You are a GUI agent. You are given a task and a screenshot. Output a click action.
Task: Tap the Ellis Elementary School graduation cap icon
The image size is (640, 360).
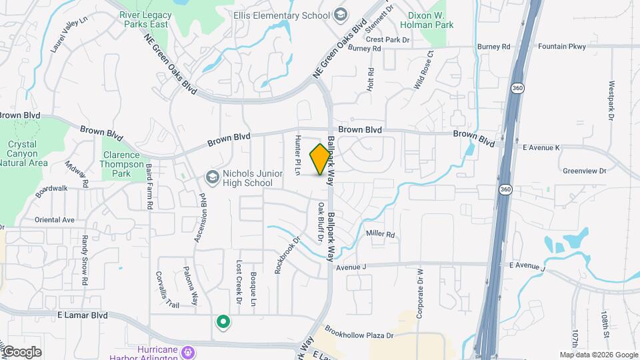(x=341, y=14)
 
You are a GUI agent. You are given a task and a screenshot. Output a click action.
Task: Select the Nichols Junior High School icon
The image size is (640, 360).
(x=213, y=177)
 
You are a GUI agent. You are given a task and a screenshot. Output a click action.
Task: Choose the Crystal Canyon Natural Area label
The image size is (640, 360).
(x=27, y=153)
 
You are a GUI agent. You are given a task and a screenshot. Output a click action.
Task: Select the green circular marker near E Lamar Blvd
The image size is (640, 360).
(x=223, y=323)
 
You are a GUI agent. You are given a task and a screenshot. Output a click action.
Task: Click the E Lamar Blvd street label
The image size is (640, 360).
(x=81, y=315)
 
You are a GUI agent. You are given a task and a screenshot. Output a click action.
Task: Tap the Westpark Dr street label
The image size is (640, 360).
(x=611, y=101)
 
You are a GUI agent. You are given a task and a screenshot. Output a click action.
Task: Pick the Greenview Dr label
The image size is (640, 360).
(x=584, y=171)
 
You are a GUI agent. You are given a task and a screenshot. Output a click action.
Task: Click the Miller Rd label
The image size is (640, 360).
(x=381, y=235)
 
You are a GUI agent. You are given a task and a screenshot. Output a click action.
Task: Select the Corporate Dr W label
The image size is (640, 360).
(x=421, y=293)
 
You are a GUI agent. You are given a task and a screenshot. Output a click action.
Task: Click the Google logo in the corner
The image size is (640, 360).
(x=21, y=352)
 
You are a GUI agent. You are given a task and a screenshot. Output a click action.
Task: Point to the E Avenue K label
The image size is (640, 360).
(x=541, y=147)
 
